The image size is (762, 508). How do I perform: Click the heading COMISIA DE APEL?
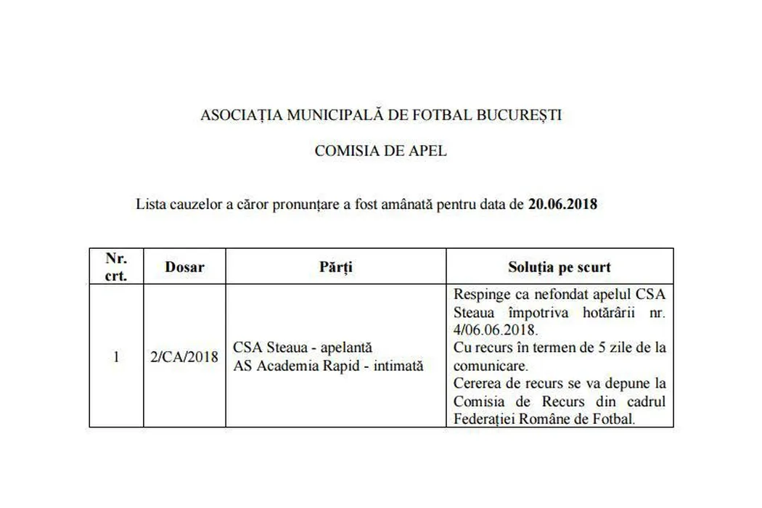point(381,151)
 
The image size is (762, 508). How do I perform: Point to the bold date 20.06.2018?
point(562,204)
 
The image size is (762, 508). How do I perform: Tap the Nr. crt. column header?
point(116,266)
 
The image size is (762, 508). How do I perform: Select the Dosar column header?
point(184,266)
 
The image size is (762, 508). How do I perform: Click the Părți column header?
point(335,266)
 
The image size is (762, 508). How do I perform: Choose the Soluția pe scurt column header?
point(559,266)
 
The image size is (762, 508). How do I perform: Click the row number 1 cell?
point(116,356)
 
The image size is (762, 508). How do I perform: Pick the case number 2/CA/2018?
point(184,356)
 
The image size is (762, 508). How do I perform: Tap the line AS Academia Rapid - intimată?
point(328,365)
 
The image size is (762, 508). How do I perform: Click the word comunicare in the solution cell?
point(488,365)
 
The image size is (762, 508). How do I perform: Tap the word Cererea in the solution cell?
point(477,383)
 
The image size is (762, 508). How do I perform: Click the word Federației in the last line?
point(487,418)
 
